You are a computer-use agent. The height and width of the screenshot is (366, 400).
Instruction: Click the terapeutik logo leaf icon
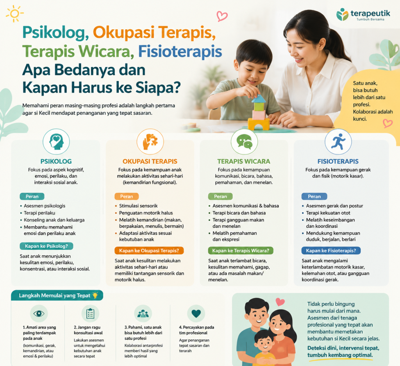342,14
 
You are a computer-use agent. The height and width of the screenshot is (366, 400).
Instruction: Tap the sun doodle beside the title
14,14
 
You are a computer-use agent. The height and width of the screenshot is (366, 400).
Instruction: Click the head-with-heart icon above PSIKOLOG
56,141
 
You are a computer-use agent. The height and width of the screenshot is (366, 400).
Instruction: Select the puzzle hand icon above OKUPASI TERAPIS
150,141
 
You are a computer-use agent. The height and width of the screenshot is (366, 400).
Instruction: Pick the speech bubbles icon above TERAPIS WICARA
244,141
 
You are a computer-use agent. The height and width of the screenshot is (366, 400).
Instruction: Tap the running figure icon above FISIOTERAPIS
338,141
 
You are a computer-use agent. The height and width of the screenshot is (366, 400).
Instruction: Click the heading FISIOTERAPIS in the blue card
338,161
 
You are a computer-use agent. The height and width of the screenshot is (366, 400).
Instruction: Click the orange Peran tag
127,196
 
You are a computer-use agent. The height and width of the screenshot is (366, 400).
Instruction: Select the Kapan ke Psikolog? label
46,246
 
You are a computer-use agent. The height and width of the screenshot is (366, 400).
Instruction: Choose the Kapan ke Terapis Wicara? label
241,251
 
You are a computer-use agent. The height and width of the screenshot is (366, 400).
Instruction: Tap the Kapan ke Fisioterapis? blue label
331,251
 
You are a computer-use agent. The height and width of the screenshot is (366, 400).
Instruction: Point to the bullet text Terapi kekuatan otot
328,213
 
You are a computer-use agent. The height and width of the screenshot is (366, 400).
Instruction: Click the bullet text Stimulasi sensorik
138,206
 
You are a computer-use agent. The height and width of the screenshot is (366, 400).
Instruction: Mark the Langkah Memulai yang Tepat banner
57,295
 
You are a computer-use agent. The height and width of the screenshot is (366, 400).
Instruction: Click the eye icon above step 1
39,313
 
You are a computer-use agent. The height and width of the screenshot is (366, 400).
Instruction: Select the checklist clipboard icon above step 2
90,313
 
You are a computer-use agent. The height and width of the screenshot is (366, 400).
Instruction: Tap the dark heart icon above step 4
196,313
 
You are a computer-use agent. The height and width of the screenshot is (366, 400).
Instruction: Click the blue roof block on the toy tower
259,98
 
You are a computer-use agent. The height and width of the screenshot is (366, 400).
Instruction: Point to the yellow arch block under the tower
259,124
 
